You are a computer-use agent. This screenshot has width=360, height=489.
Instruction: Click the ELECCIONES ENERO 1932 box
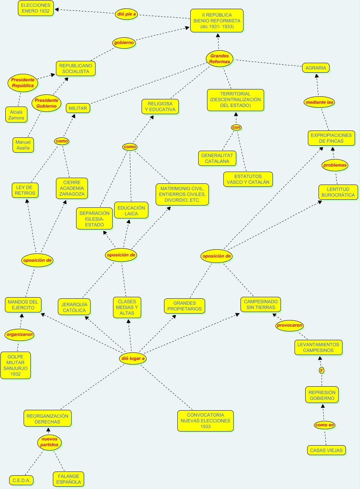click(36, 8)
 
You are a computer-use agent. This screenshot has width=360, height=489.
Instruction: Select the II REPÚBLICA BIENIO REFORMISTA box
click(217, 21)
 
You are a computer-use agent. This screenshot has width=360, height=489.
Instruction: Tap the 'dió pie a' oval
click(126, 14)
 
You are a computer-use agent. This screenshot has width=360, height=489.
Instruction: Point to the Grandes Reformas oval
click(220, 59)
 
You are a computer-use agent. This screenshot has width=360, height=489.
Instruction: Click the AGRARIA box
click(316, 68)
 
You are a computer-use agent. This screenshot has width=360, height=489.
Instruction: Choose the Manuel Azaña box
click(23, 145)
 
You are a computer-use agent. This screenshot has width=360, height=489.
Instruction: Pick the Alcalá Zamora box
click(16, 115)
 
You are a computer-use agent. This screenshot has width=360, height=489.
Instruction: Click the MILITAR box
click(78, 108)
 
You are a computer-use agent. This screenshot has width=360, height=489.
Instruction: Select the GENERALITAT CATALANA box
click(217, 158)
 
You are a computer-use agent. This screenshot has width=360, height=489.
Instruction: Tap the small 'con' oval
click(236, 127)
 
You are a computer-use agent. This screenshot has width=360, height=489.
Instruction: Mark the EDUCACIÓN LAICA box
click(131, 210)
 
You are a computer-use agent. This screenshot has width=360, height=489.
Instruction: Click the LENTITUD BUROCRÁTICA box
click(338, 192)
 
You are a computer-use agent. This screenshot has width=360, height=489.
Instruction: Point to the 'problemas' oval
click(335, 165)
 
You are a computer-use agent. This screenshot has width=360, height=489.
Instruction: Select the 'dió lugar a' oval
click(133, 358)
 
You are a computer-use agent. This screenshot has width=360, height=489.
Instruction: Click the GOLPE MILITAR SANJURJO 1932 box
click(16, 365)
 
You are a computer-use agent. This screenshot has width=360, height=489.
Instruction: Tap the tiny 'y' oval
click(321, 370)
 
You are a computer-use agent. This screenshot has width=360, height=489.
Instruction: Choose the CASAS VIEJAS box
click(327, 450)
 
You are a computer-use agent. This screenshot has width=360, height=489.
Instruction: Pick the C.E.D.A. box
click(21, 481)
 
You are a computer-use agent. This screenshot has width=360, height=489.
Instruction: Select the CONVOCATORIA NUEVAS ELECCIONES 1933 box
click(205, 421)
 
